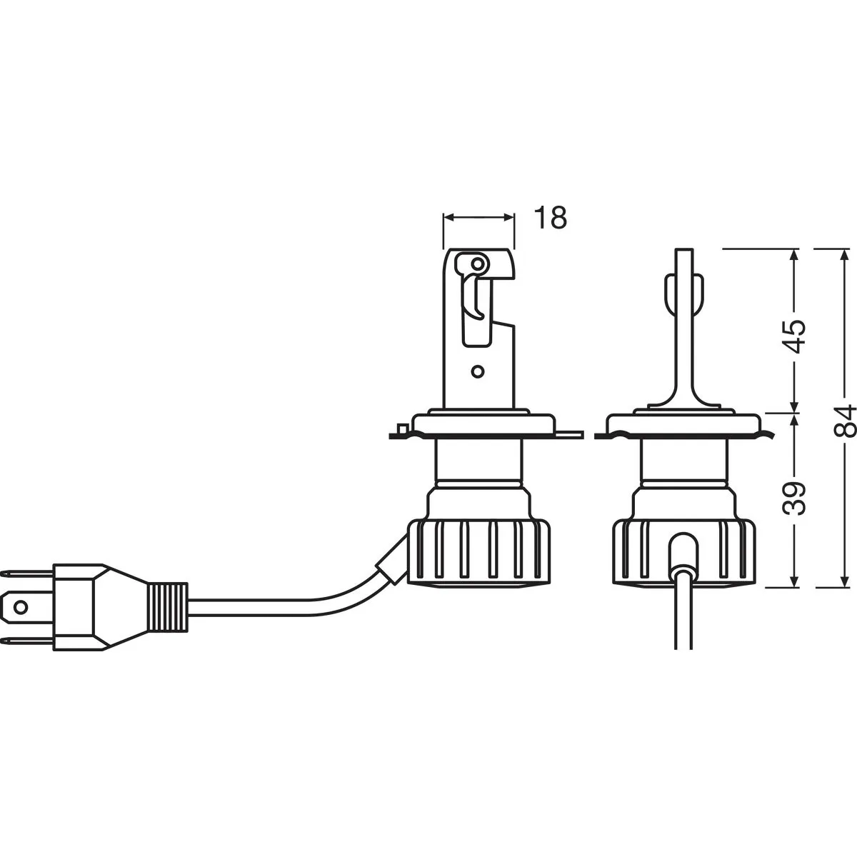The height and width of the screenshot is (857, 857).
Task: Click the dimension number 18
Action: [551, 218]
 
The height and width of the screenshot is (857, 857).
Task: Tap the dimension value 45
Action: [794, 336]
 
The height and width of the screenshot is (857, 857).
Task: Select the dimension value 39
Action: [794, 498]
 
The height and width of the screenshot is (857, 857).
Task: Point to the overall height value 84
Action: [843, 421]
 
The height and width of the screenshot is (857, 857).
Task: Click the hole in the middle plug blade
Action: [20, 608]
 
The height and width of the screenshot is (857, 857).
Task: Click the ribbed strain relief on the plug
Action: [168, 607]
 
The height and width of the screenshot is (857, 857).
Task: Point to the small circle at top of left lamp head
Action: [478, 264]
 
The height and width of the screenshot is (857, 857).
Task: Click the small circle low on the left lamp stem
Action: [477, 371]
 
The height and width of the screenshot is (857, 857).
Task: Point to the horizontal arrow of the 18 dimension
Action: [478, 217]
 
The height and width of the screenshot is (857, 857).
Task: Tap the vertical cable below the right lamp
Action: [683, 608]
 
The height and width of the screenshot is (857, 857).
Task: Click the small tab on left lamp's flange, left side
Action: [401, 429]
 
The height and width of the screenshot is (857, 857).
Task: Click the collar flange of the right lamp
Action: [684, 424]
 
